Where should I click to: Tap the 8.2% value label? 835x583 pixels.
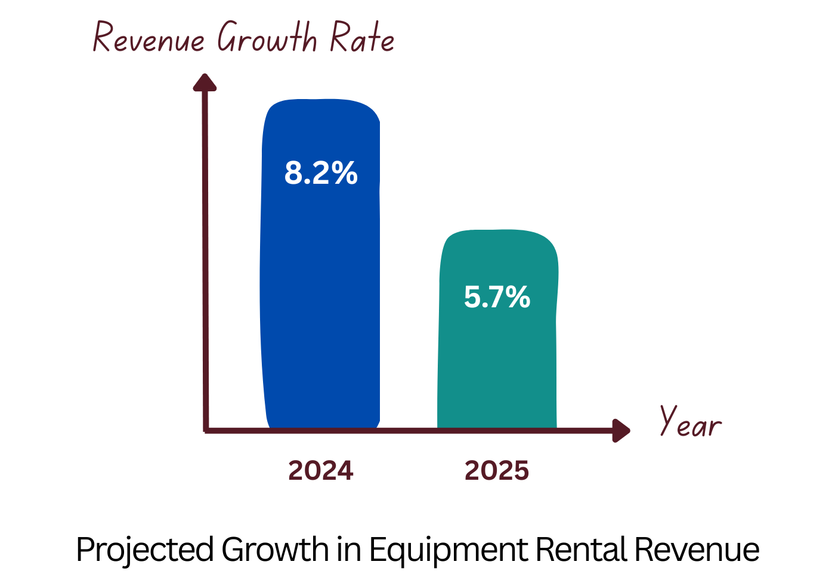321,173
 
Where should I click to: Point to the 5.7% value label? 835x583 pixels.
497,297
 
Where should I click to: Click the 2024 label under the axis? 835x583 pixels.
321,471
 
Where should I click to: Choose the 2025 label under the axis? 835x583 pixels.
497,471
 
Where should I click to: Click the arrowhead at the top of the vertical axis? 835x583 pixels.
205,82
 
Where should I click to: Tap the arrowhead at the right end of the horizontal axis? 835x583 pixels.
621,430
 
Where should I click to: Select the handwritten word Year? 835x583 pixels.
690,422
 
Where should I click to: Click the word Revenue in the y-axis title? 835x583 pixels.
149,38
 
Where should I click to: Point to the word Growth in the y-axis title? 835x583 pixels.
267,37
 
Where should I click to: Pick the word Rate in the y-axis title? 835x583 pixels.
362,37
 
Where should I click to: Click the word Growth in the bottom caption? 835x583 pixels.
275,550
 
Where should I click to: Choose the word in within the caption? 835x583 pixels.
349,550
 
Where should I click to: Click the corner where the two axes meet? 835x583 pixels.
206,430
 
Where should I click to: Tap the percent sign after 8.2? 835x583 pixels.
345,173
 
